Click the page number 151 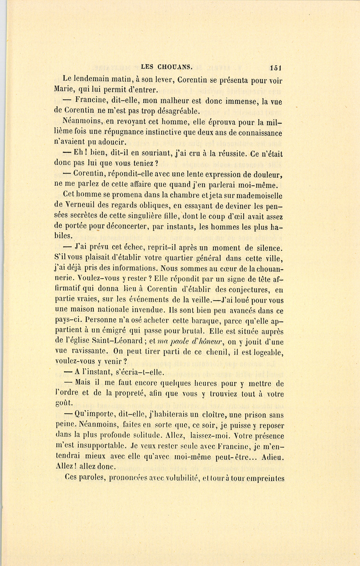click(x=276, y=67)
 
